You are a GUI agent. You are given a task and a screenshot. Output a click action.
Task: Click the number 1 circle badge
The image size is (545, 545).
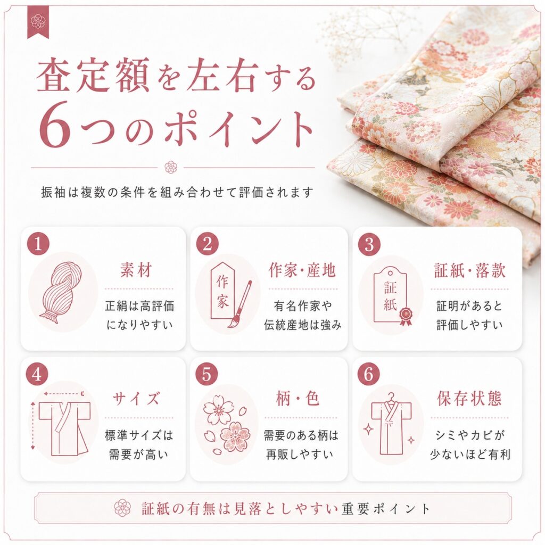click(38, 244)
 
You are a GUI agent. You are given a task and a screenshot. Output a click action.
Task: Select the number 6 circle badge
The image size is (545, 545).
click(369, 375)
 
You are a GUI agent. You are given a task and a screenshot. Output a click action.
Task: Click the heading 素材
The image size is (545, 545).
click(136, 270)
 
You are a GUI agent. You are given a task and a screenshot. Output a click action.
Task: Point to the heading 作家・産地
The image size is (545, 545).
click(302, 270)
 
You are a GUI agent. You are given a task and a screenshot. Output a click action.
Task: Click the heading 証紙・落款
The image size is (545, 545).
click(469, 270)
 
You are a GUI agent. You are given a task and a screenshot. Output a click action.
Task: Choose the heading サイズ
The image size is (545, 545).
click(136, 399)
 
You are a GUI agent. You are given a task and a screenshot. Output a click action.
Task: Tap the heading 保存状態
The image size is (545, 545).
click(469, 399)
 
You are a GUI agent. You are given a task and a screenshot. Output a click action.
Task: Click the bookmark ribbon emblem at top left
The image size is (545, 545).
click(38, 22)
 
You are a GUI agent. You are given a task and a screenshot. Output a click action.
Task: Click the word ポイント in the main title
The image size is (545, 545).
click(238, 125)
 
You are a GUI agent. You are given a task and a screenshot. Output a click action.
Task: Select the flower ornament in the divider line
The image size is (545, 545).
click(171, 167)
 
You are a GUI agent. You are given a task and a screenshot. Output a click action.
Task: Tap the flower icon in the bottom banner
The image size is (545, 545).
click(122, 508)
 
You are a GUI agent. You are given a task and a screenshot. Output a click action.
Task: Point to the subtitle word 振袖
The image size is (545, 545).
click(53, 192)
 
